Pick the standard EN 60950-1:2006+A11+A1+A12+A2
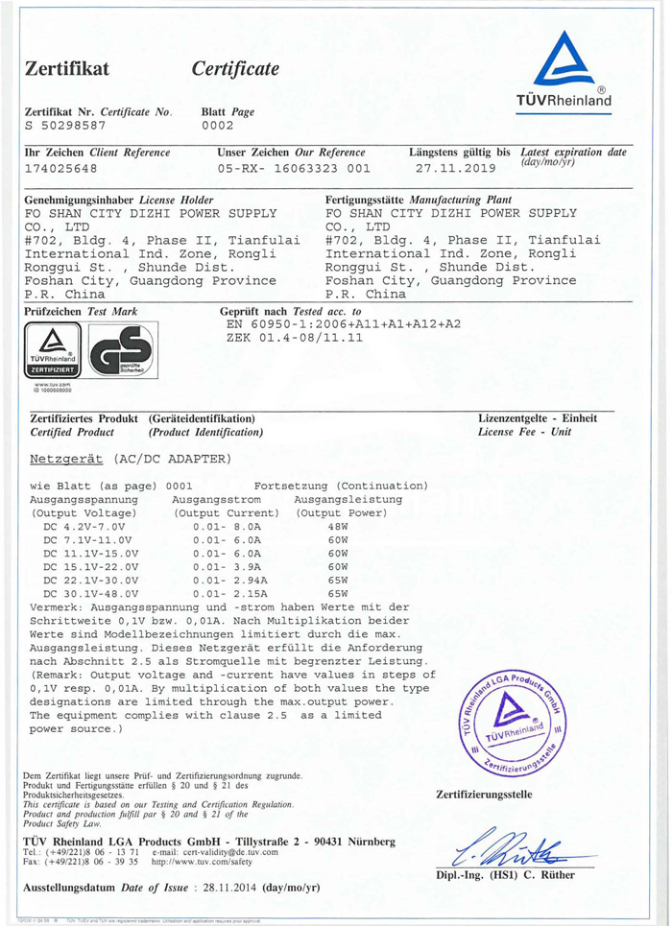[342, 325]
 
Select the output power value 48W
[337, 527]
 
